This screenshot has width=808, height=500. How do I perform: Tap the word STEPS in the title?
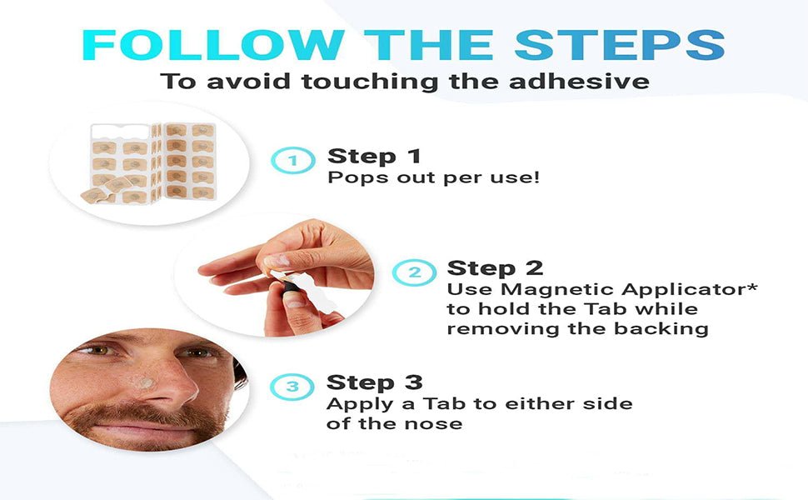point(620,45)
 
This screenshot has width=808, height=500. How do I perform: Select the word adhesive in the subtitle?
point(579,82)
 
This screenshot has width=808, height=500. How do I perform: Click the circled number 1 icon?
point(292,160)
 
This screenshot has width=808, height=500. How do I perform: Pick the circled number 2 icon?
point(414,272)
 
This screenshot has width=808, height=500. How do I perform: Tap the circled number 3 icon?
point(292,387)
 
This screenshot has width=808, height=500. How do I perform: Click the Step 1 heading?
point(374,156)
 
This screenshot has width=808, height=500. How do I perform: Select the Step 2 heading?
point(495,268)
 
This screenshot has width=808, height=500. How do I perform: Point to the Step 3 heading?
point(375,382)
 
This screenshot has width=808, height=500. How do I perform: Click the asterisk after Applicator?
point(752,285)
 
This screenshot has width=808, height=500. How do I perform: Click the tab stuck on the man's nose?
point(142,382)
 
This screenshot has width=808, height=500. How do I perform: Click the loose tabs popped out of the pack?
point(106,190)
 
